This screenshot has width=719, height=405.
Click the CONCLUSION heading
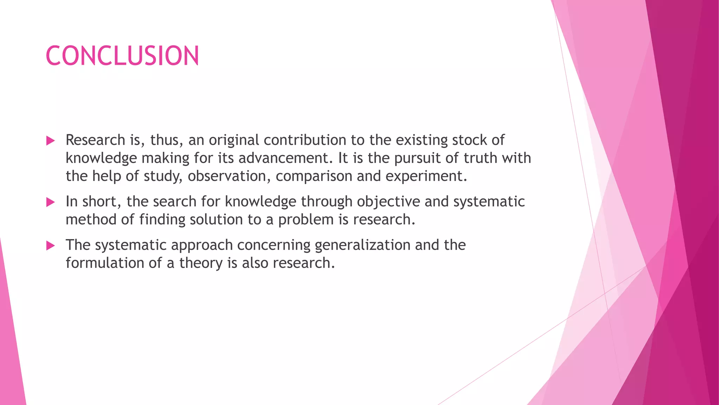pyautogui.click(x=122, y=56)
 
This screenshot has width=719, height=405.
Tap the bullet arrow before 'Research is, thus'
pyautogui.click(x=51, y=141)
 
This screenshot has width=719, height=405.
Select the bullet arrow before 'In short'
pyautogui.click(x=51, y=202)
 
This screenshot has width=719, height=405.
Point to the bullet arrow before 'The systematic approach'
pyautogui.click(x=51, y=246)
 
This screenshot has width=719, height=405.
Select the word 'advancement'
pyautogui.click(x=285, y=158)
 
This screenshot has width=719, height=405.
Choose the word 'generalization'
pyautogui.click(x=362, y=245)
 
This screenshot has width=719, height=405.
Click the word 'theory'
pyautogui.click(x=200, y=263)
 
